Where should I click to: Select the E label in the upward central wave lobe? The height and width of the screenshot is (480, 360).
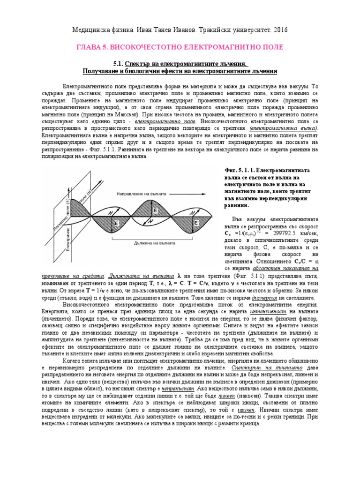(155, 211)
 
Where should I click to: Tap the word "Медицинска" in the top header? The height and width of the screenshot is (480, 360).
(90, 29)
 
